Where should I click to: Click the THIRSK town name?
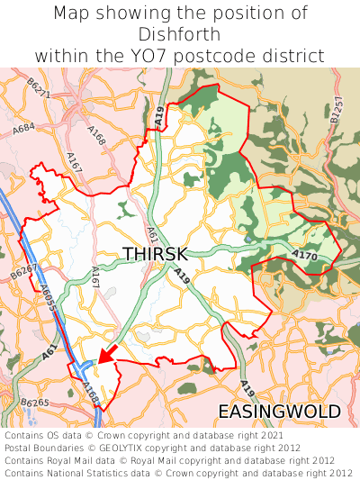(156, 255)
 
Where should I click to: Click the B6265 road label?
(35, 403)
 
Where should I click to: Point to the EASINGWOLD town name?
(279, 412)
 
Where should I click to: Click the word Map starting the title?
(72, 14)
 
